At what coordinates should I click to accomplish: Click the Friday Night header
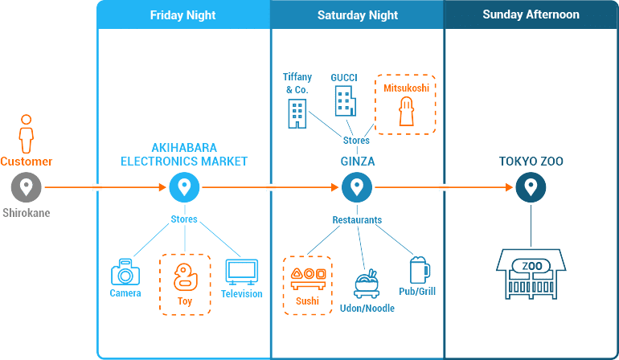182,15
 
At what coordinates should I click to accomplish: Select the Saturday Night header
358,15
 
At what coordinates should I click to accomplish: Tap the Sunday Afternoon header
531,14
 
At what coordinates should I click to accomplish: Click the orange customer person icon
27,134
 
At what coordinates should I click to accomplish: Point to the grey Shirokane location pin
26,187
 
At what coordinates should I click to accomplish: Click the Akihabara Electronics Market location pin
184,187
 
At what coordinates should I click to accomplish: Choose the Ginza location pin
357,187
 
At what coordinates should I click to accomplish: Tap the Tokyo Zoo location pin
531,187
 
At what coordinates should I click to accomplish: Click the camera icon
125,272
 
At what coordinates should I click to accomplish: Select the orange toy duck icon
185,277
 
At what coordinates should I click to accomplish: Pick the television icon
242,272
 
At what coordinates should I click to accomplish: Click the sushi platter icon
308,279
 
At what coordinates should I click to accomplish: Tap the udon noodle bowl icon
367,284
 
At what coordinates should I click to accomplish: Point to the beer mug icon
420,270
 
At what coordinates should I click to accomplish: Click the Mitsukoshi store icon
406,112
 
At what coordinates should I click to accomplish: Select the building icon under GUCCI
346,101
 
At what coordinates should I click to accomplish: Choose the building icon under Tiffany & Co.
297,113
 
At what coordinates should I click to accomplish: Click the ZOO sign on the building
531,266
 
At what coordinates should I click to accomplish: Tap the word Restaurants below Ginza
357,220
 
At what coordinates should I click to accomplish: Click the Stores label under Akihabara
184,219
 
